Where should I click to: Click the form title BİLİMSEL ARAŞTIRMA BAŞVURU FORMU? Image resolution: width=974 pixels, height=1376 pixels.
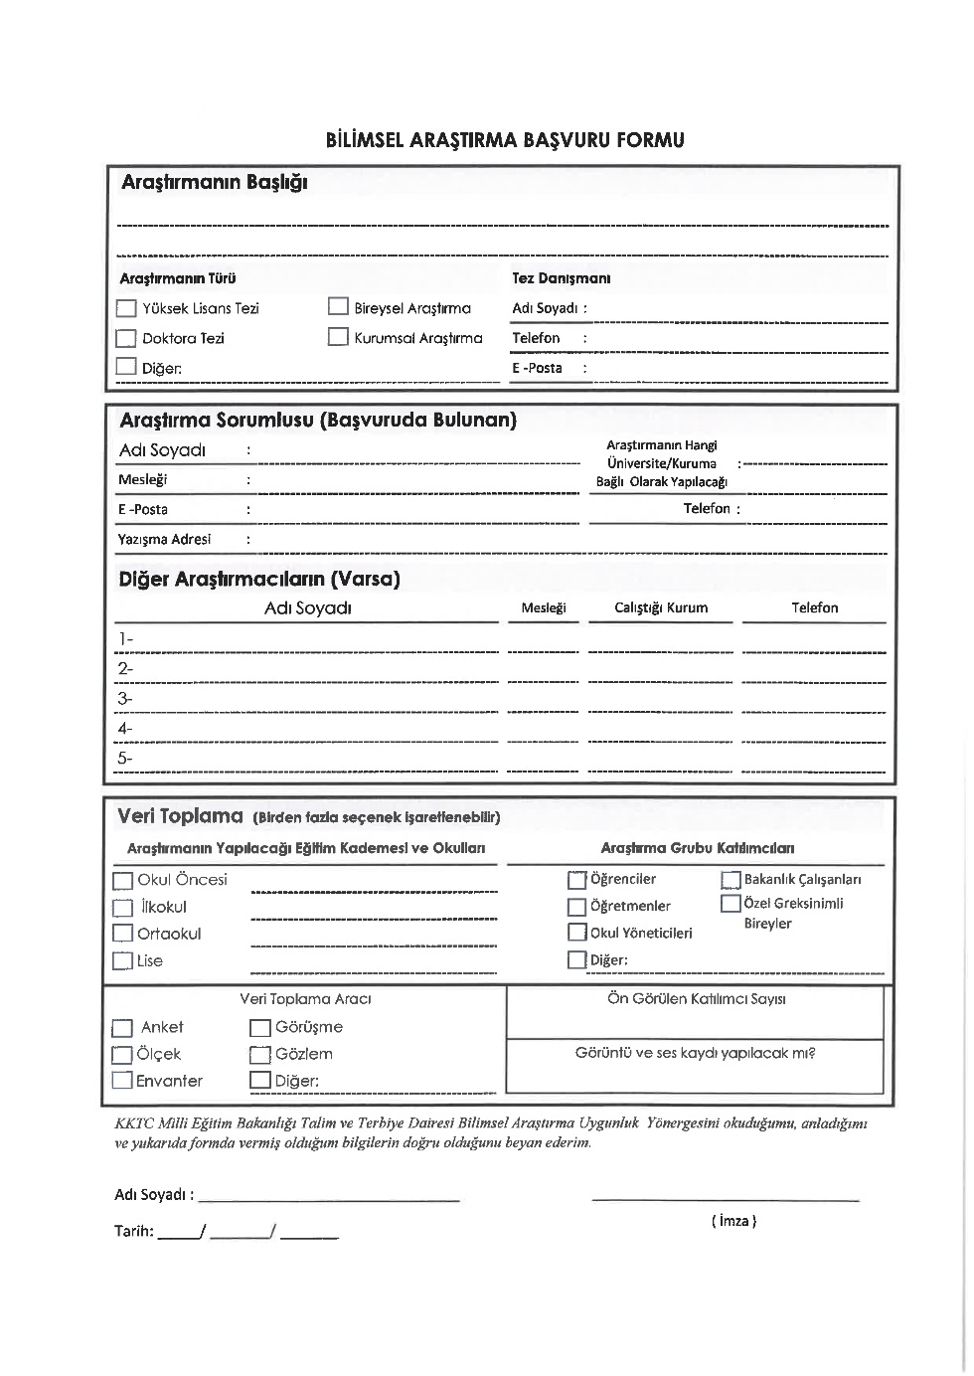(505, 140)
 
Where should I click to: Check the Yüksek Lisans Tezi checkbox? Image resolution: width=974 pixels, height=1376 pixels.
(126, 308)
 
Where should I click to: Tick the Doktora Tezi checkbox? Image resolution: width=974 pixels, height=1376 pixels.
(126, 338)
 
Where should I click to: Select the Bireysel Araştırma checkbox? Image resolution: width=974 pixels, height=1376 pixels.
(338, 307)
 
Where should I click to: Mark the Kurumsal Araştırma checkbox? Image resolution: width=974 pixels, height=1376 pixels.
(338, 337)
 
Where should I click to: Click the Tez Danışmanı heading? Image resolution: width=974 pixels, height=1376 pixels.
(561, 278)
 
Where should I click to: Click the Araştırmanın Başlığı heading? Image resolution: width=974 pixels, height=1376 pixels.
(214, 183)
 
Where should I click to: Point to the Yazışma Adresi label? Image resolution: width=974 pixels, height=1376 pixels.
(164, 539)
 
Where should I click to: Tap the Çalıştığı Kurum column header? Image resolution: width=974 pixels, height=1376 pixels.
(661, 607)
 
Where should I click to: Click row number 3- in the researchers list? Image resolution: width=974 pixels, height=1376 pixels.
(125, 699)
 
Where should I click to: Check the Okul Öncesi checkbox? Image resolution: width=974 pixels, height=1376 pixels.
(123, 881)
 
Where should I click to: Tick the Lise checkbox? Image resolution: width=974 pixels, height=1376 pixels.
(122, 961)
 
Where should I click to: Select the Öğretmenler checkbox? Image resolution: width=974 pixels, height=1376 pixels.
(576, 907)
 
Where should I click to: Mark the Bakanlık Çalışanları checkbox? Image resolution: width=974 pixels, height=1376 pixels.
(730, 880)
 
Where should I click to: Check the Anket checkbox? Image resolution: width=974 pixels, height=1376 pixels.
(122, 1028)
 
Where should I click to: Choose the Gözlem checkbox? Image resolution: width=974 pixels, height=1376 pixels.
(259, 1055)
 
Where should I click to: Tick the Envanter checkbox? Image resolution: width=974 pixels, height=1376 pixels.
(122, 1081)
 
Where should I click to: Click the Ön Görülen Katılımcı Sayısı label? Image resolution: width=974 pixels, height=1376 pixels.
(696, 999)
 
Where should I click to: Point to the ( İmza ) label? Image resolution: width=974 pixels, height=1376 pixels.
(733, 1221)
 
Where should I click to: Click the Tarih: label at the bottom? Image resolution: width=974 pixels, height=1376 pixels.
(134, 1231)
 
